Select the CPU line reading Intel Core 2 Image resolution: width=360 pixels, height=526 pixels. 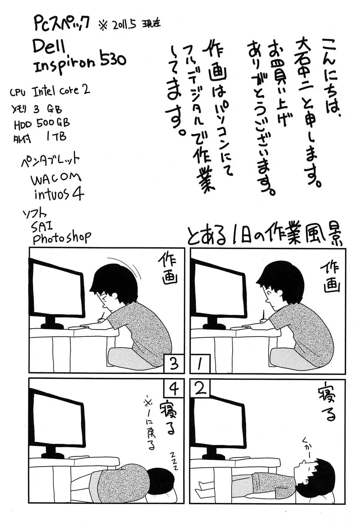pos(50,91)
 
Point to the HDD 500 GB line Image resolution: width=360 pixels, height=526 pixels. pos(42,123)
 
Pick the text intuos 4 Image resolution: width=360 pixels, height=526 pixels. pos(59,194)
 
